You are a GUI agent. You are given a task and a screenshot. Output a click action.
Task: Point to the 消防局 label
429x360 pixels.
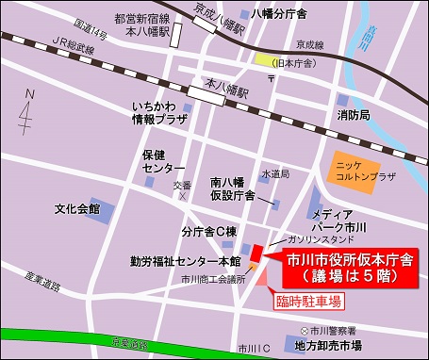pyautogui.click(x=354, y=115)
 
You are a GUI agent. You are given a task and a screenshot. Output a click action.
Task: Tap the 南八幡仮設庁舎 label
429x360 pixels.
pyautogui.click(x=232, y=188)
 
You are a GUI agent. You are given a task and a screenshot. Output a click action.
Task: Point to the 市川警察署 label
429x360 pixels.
pyautogui.click(x=328, y=331)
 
